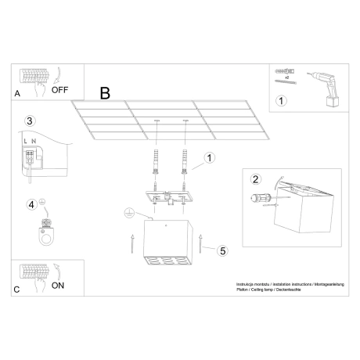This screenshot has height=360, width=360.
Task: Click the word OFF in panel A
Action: click(61, 89)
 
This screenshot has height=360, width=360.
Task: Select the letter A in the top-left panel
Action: click(17, 92)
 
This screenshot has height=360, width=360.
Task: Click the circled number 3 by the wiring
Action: click(30, 121)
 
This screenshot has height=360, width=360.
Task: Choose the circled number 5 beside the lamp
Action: click(222, 251)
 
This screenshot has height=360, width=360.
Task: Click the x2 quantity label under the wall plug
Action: click(287, 79)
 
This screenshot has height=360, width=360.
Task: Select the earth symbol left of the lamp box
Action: click(129, 212)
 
